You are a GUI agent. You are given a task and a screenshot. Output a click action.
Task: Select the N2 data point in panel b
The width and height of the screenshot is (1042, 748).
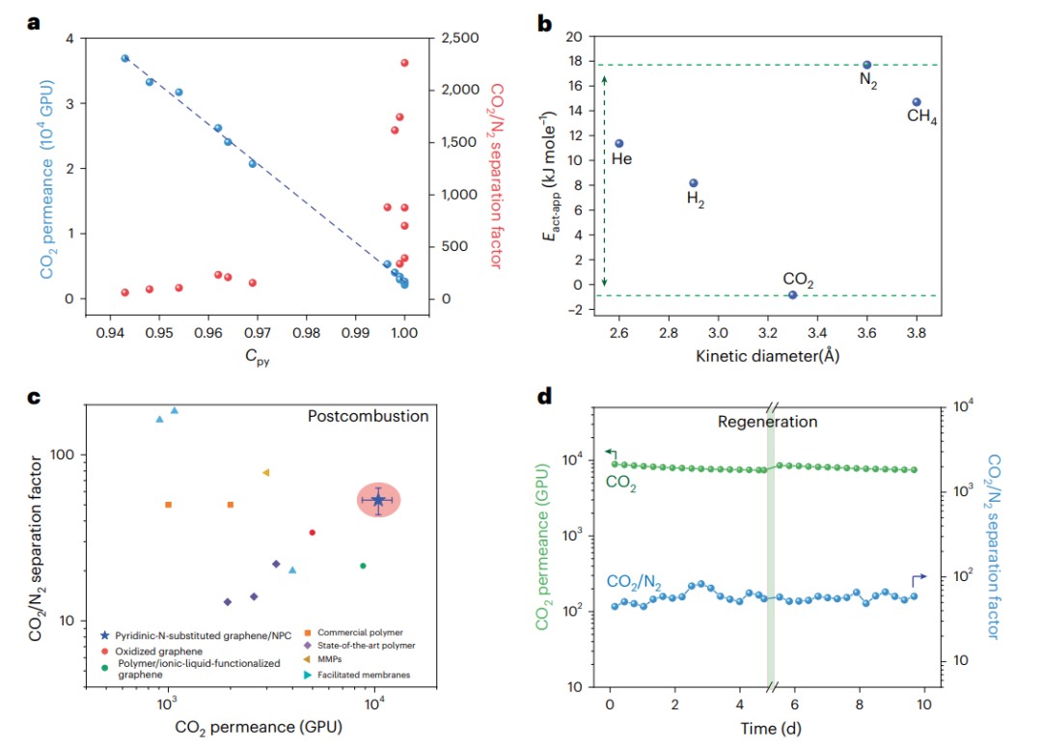866,65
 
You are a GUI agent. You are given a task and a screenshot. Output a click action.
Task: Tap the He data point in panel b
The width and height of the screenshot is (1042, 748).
619,144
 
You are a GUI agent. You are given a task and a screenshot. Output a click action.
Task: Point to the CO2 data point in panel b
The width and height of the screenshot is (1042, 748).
792,294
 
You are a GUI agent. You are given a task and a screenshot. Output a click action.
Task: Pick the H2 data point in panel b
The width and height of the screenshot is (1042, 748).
693,183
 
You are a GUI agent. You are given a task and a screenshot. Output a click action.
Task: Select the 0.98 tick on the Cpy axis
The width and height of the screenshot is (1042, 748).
307,332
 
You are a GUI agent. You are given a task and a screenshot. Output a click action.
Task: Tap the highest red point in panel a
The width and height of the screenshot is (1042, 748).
404,63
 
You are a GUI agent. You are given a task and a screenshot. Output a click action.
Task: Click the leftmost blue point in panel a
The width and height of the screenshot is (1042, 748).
124,58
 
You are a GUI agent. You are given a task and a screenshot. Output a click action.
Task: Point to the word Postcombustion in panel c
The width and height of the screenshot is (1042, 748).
368,417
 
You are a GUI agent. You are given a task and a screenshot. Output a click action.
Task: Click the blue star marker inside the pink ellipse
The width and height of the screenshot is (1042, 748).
378,499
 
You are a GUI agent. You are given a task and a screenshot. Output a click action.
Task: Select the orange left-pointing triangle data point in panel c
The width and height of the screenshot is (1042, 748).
265,473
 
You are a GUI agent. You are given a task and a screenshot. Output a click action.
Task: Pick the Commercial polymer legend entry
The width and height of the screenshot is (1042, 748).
362,633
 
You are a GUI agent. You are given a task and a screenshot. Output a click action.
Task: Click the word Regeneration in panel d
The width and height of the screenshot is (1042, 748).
767,422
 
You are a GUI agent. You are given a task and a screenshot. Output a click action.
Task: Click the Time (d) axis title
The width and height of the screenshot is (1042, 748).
767,726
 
